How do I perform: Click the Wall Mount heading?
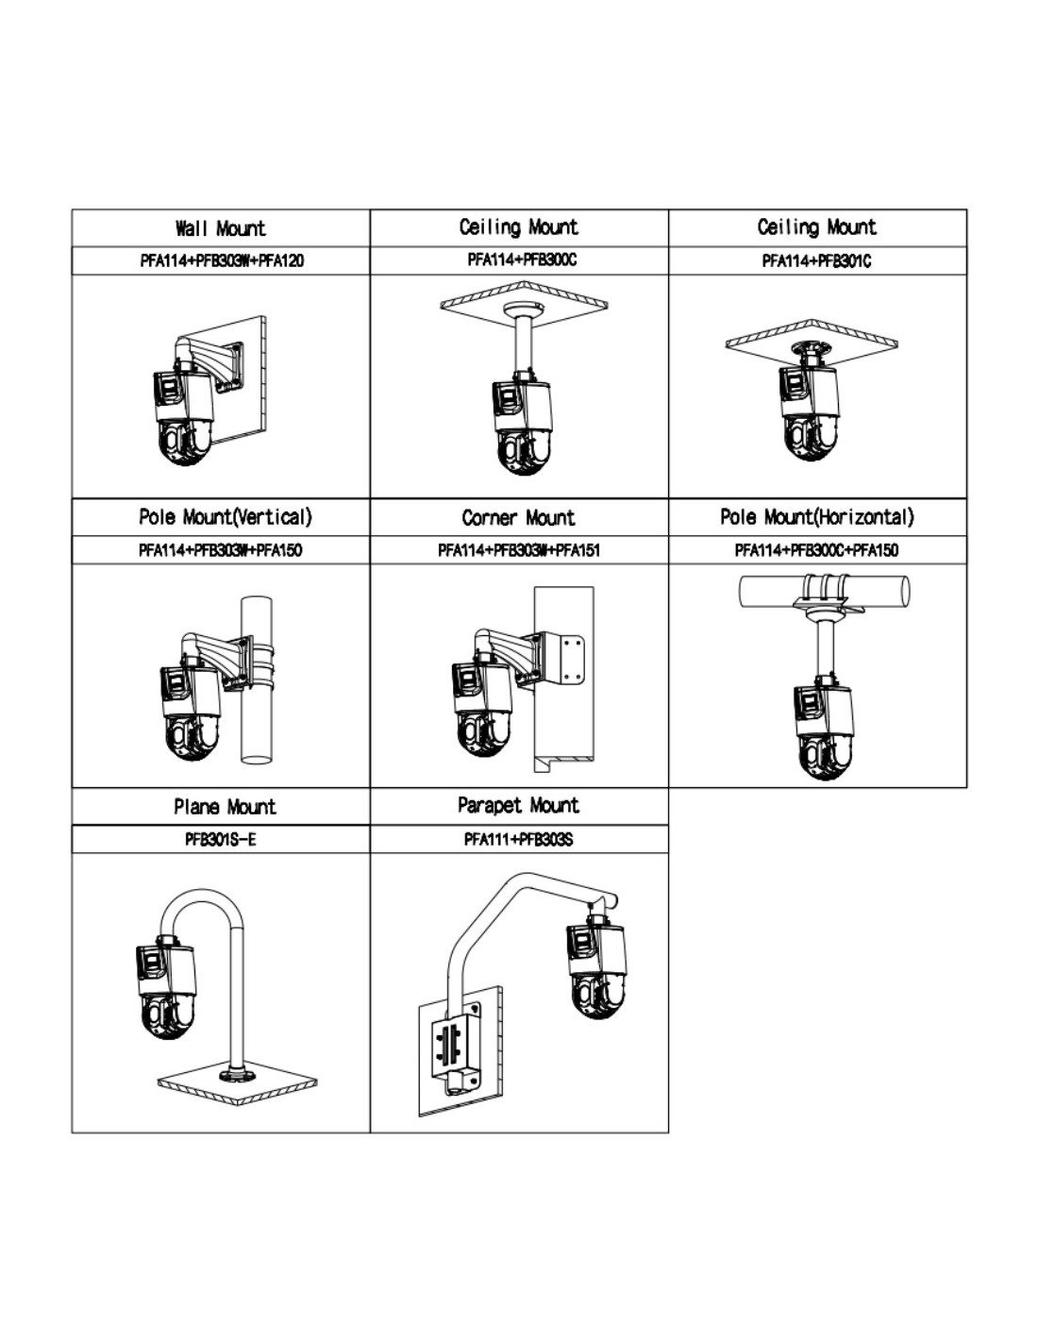(x=221, y=228)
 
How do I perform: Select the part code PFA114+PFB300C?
(x=521, y=260)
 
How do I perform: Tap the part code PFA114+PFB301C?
(x=816, y=260)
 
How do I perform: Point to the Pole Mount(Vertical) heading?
(x=225, y=517)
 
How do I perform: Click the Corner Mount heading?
(x=518, y=518)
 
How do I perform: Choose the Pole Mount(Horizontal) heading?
(x=816, y=517)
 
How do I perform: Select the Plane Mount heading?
(x=225, y=807)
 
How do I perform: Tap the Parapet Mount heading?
(x=518, y=806)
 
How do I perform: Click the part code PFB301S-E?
(x=220, y=839)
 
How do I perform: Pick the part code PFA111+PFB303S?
(x=518, y=839)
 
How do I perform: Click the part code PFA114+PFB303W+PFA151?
(x=518, y=550)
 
